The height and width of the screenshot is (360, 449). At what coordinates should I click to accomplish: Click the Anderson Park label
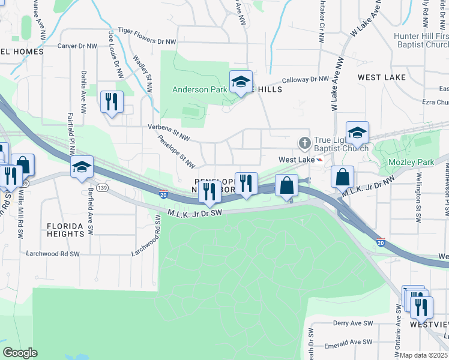coord(199,90)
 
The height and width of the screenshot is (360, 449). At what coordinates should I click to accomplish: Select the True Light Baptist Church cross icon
coord(304,143)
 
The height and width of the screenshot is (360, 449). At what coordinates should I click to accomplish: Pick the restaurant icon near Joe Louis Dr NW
coord(112,102)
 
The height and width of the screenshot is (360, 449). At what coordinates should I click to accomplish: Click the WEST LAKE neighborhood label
coord(382,77)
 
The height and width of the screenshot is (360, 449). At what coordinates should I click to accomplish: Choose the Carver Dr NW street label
coord(77,46)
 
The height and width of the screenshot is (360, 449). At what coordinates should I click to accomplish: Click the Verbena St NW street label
coord(169,132)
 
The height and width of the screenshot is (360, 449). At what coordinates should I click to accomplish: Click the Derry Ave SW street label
coord(352,323)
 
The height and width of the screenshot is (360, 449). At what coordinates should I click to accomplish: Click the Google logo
coord(20,353)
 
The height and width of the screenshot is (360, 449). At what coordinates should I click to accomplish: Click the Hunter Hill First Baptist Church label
coord(421,40)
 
